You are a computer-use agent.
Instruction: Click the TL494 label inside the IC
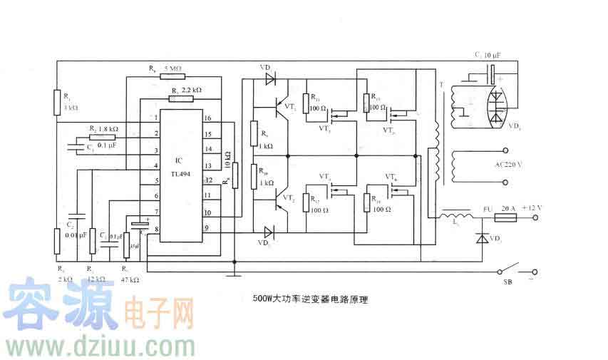coord(182,173)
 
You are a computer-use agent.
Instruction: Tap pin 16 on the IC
coord(207,118)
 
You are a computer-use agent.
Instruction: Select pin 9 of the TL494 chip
coord(207,228)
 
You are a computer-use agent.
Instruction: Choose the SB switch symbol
coord(517,272)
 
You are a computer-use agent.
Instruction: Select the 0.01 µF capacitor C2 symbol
coord(76,215)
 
